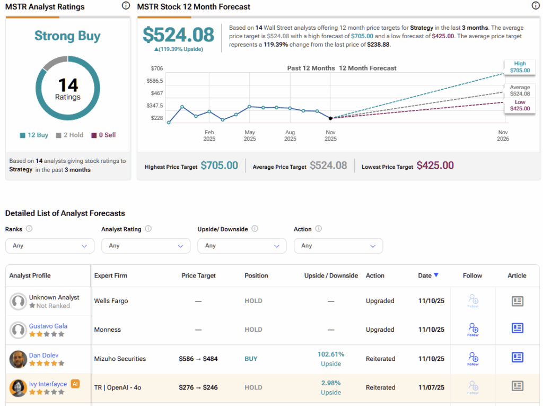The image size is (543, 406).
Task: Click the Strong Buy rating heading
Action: [67, 36]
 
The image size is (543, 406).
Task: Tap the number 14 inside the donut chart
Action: [68, 85]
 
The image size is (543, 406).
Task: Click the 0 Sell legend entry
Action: [103, 135]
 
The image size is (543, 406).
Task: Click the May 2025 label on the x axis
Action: [250, 135]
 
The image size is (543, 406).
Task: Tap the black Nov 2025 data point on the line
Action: [330, 118]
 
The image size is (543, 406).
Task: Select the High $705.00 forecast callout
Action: [519, 67]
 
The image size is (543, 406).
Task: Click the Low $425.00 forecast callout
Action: [519, 105]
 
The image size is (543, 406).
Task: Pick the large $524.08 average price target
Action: [178, 35]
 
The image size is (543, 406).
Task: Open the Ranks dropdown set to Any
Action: [50, 246]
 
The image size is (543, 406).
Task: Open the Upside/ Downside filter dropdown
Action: [242, 246]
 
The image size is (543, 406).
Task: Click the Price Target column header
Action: [198, 275]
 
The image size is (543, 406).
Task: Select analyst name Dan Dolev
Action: [43, 355]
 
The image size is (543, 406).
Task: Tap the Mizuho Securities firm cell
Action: [120, 359]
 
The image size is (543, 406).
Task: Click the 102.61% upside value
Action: [331, 354]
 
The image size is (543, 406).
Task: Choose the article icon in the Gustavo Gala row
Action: [517, 329]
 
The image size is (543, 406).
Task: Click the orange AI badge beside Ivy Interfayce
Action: [75, 384]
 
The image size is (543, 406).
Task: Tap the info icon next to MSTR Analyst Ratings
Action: [126, 6]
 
